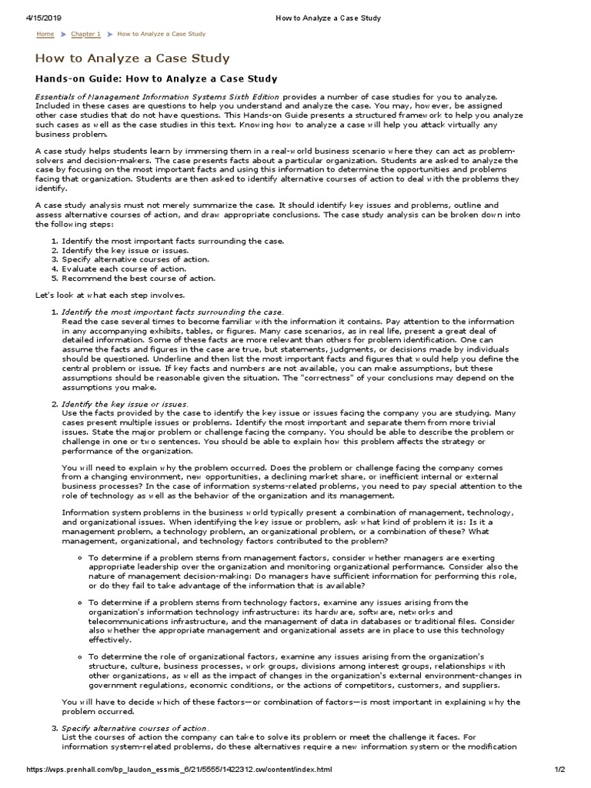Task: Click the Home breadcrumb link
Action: coord(45,34)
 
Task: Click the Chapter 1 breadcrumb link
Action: coord(85,34)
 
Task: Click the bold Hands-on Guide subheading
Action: coord(157,78)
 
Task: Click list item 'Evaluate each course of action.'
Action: coord(124,269)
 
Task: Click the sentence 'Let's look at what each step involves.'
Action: coord(110,295)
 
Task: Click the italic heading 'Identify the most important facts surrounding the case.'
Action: coord(172,312)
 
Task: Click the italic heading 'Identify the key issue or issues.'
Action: coord(125,404)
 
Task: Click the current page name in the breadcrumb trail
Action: coord(162,34)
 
